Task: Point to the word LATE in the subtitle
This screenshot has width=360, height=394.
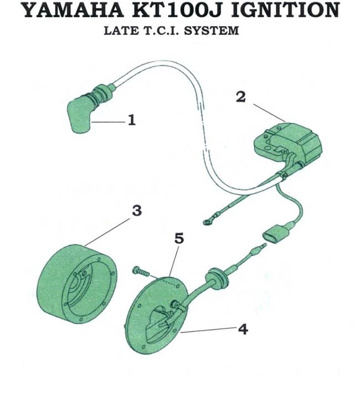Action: coord(120,30)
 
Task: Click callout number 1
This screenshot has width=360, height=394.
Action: coord(131,120)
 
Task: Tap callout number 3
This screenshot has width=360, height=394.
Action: coord(136,211)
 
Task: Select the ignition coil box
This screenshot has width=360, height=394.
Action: coord(288,145)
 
